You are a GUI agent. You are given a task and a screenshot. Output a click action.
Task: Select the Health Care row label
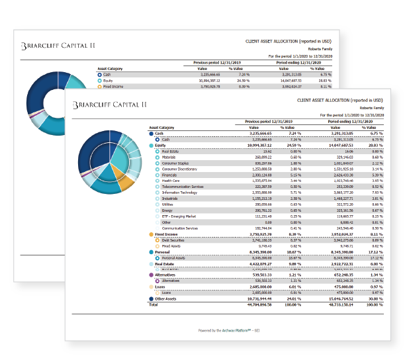pyautogui.click(x=171, y=180)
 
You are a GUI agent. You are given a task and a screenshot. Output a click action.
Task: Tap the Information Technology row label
pyautogui.click(x=179, y=192)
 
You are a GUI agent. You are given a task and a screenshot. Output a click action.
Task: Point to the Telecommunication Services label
pyautogui.click(x=181, y=186)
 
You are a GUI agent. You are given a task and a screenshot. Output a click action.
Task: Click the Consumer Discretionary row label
pyautogui.click(x=179, y=168)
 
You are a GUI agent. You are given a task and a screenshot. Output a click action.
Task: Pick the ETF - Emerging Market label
pyautogui.click(x=177, y=216)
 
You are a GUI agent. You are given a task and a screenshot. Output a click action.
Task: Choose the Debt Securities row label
pyautogui.click(x=174, y=240)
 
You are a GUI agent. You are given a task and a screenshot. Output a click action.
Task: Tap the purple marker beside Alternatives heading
pyautogui.click(x=152, y=275)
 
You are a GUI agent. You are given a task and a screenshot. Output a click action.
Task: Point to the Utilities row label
pyautogui.click(x=167, y=204)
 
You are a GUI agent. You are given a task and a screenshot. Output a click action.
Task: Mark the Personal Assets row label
pyautogui.click(x=175, y=257)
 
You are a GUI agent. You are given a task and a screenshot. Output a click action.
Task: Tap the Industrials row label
pyautogui.click(x=170, y=198)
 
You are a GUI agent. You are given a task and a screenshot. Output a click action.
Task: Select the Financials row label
pyautogui.click(x=169, y=174)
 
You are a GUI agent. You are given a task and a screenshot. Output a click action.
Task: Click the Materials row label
pyautogui.click(x=169, y=156)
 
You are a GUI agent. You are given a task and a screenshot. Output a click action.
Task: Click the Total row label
pyautogui.click(x=153, y=305)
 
